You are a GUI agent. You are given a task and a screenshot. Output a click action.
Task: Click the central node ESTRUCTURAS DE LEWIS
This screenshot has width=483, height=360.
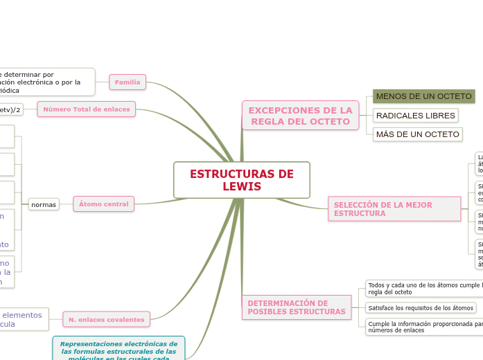tap(242, 180)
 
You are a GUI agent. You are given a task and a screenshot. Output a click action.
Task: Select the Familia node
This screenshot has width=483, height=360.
tap(128, 82)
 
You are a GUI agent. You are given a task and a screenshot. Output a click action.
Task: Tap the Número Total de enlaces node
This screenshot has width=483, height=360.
tap(87, 109)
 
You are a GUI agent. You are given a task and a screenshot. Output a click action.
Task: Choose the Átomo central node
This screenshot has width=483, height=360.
tap(103, 204)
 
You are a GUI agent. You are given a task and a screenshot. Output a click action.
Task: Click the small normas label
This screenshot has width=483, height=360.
tap(44, 204)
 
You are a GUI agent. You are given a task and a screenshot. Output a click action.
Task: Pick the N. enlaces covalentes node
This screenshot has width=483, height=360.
tap(106, 319)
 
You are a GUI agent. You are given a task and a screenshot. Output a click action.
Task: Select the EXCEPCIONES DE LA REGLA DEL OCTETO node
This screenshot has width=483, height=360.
tap(300, 116)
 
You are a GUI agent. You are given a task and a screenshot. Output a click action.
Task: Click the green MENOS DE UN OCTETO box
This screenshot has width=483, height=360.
tap(423, 96)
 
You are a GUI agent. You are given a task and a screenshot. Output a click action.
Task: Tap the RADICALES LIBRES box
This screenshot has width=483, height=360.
tap(416, 115)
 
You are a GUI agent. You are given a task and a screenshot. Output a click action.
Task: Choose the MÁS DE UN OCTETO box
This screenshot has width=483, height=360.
tap(417, 134)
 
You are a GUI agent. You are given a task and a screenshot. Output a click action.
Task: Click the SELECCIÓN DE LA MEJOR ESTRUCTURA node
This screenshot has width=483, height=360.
tap(394, 209)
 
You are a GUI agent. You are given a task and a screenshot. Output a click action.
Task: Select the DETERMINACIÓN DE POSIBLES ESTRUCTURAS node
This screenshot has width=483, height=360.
tap(297, 307)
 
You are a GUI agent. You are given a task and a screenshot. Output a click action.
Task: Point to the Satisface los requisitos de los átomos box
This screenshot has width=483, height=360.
tap(421, 307)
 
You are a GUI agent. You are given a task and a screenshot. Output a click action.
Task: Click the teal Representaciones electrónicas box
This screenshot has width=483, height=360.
tap(118, 348)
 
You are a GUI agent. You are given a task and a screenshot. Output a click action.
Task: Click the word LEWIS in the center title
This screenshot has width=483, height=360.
tap(242, 187)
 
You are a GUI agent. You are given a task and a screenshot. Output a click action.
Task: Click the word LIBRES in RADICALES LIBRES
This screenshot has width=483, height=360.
tap(439, 115)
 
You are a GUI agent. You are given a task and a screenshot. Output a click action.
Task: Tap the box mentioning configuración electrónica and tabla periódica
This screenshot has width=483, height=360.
tap(45, 82)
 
